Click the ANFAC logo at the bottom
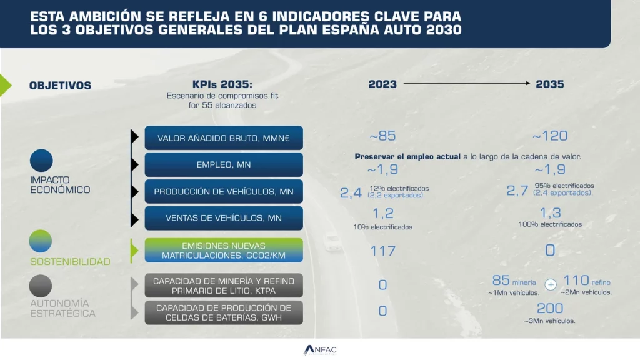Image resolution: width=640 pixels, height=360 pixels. pos(320,350)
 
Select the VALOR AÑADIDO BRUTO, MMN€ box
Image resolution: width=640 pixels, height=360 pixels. pos(224,138)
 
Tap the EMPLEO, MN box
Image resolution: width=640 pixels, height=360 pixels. pos(224,165)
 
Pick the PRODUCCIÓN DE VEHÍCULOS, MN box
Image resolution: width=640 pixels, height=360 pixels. pos(224,191)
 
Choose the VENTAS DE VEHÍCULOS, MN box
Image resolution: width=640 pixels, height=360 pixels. pos(224,218)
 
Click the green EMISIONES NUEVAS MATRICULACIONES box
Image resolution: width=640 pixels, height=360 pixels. pos(224,250)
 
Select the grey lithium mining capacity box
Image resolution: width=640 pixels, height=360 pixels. pos(224,285)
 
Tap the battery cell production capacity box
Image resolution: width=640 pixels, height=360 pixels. pos(224,312)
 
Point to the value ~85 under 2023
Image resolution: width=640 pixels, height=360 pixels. pos(382,136)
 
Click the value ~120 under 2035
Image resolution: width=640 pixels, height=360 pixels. pos(550,136)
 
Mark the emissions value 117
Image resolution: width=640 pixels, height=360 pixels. pos(382,251)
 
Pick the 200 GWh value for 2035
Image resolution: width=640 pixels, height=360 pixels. pos(550,308)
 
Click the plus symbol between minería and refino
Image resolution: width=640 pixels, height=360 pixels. pos(551,284)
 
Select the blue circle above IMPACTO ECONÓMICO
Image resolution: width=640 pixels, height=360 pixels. pos(41,161)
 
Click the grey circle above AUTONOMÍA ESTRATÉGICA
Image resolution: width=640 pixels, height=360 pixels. pos(41,286)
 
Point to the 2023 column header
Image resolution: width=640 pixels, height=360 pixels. pos(382,84)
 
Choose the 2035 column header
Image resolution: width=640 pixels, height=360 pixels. pos(550,84)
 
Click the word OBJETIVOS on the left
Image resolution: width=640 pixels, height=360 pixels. pos(60,86)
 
